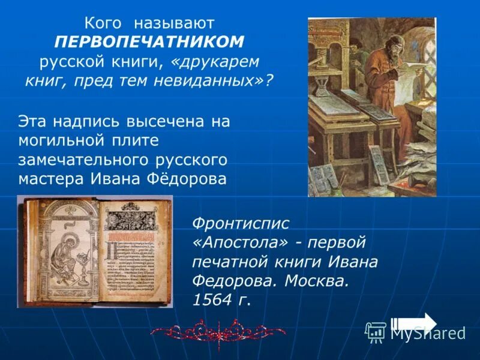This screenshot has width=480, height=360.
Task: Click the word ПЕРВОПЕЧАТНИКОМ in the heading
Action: point(149,41)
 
